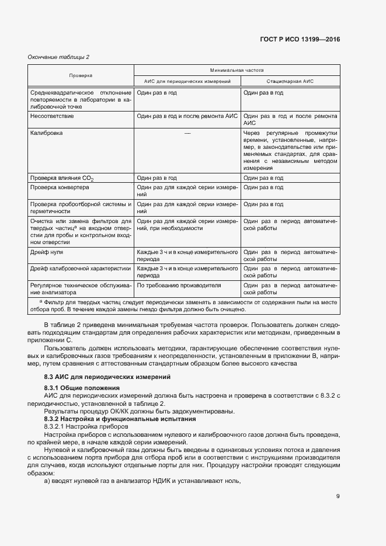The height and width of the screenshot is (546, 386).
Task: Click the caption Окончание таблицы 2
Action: pos(59,57)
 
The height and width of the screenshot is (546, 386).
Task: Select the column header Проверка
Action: pos(81,75)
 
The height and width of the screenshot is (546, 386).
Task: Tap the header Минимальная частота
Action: pos(237,69)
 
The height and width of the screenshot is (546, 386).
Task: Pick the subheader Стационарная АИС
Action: pos(290,81)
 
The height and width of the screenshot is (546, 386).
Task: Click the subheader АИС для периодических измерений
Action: pos(187,81)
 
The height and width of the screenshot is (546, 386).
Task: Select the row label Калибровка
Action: pos(47,133)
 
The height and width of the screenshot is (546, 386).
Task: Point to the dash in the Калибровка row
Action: pos(187,134)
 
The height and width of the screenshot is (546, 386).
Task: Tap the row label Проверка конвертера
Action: pos(59,188)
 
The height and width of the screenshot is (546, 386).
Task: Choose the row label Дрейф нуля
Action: pos(47,252)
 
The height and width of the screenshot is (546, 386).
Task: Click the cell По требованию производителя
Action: pos(179,286)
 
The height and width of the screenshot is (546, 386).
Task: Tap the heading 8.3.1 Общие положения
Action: pos(82,388)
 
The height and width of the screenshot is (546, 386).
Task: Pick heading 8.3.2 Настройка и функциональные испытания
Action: pos(120,419)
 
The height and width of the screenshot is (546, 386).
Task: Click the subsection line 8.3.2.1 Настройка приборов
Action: pos(86,427)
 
